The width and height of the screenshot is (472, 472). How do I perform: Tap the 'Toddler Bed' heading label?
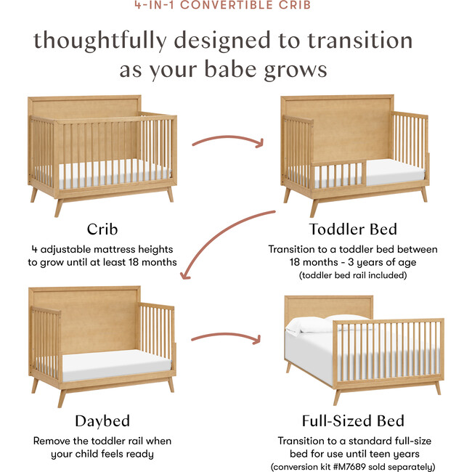tap(353, 229)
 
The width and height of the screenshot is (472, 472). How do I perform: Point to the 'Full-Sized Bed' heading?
tap(353, 420)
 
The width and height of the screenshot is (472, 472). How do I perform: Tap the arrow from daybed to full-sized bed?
tap(227, 336)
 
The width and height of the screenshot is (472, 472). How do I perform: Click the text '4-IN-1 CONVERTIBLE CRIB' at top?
tap(236, 6)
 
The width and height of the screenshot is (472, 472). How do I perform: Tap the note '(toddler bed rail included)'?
tap(353, 275)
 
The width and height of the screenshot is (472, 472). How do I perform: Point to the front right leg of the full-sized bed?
tap(436, 387)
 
